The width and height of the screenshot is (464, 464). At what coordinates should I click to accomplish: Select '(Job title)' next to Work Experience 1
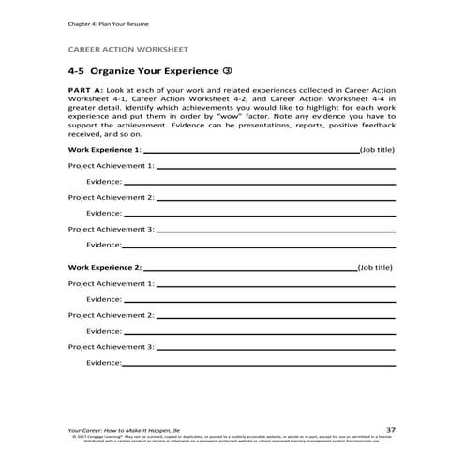pos(377,149)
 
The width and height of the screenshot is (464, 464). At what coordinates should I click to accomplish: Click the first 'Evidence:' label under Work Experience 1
pos(104,181)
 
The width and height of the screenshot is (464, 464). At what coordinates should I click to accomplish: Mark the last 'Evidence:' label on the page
pos(104,362)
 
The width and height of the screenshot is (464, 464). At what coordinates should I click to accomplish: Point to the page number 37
pos(390,429)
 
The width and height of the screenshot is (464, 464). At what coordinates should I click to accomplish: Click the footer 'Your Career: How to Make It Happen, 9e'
pos(119,429)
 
